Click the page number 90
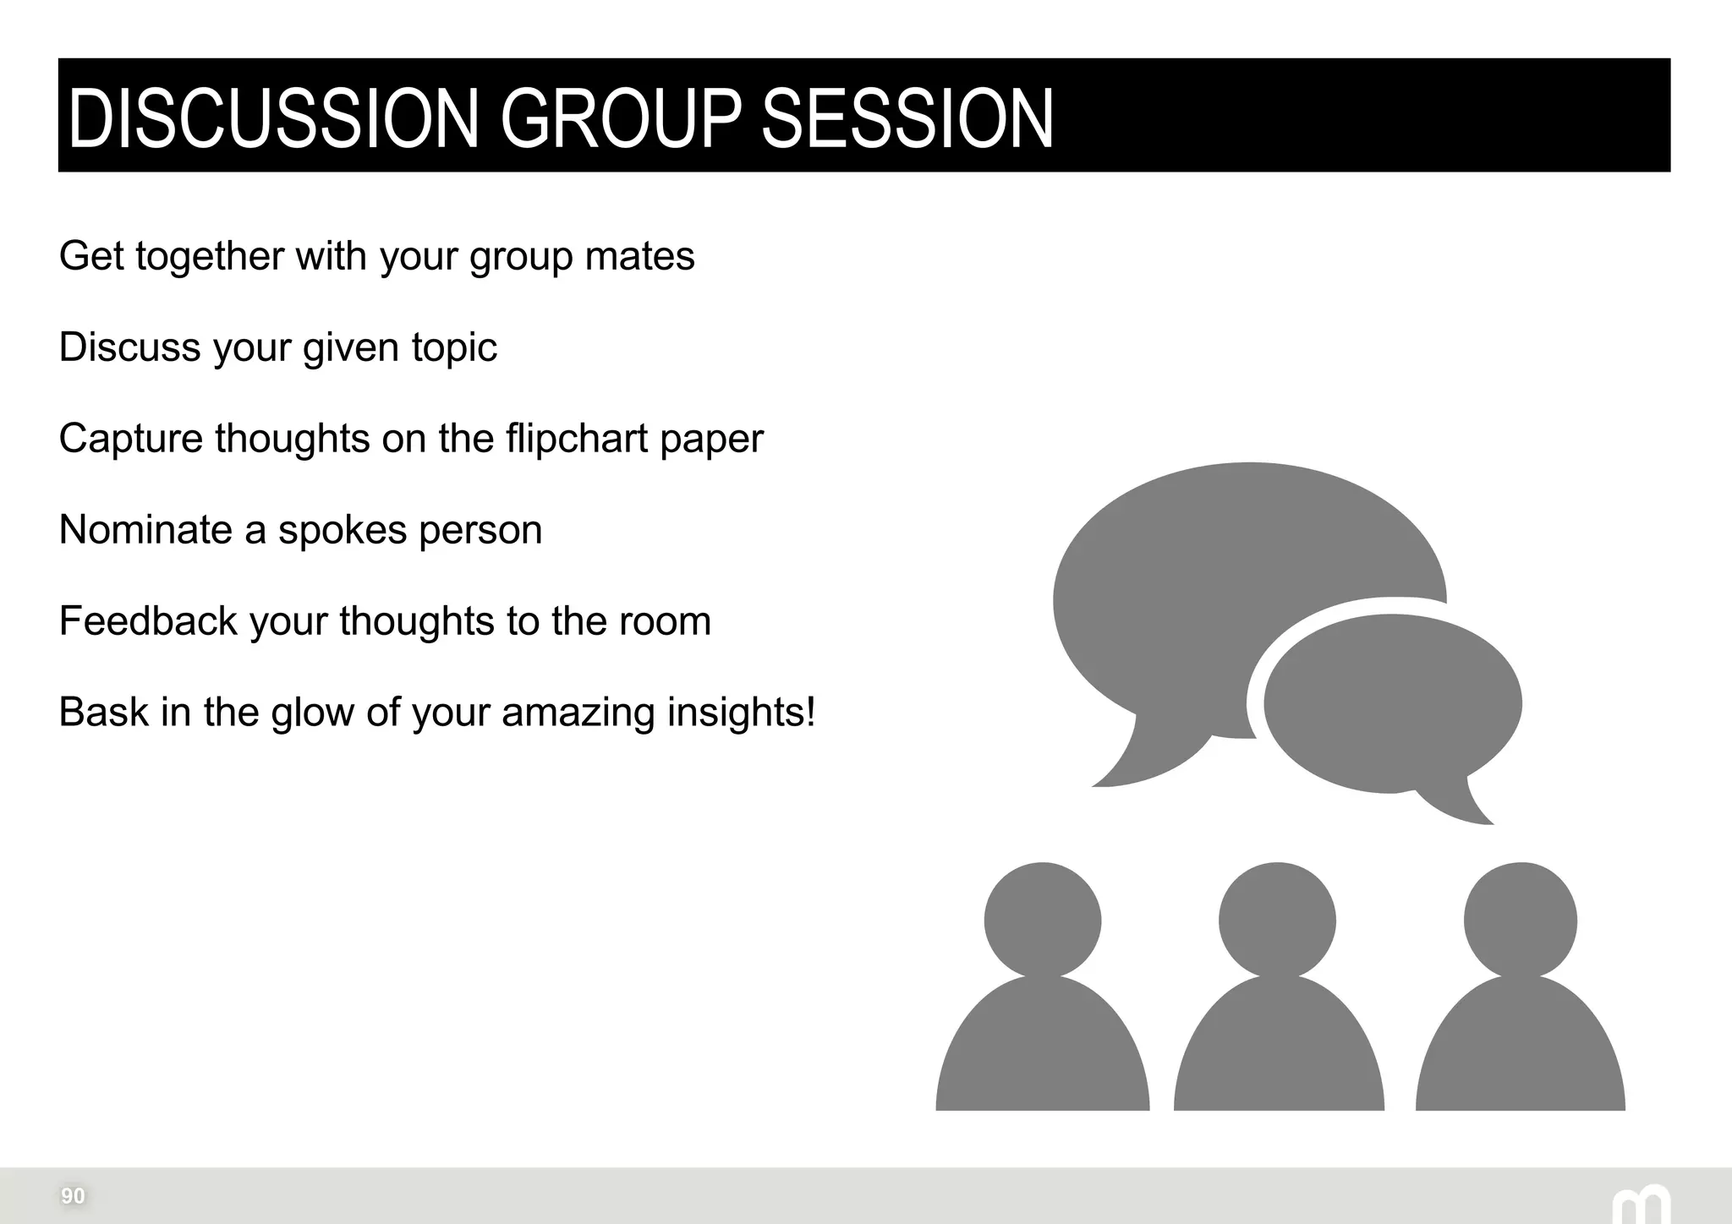(x=73, y=1196)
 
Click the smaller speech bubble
(x=1393, y=703)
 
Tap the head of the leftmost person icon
(x=1043, y=920)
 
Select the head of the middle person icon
(x=1277, y=920)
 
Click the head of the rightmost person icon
(x=1520, y=920)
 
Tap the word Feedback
(x=148, y=621)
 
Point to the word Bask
(x=103, y=712)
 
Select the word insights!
(x=742, y=712)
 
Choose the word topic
(x=454, y=347)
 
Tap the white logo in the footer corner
(x=1641, y=1205)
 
